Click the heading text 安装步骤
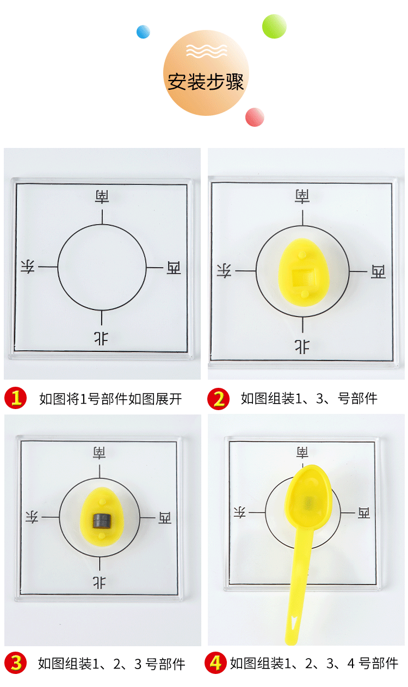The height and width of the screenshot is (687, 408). click(x=205, y=82)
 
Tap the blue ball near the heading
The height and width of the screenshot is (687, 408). click(x=143, y=32)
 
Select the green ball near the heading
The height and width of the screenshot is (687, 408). click(x=274, y=26)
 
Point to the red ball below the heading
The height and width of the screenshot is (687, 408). click(x=255, y=117)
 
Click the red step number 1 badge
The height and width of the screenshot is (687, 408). click(x=16, y=399)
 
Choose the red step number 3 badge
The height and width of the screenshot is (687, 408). click(x=16, y=663)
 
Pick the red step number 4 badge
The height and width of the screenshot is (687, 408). click(x=216, y=663)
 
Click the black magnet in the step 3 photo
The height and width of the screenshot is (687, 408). click(x=100, y=521)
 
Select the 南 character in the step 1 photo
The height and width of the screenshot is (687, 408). click(x=102, y=196)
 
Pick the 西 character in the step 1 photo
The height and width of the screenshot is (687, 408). click(x=174, y=267)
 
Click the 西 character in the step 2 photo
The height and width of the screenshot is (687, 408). click(x=378, y=271)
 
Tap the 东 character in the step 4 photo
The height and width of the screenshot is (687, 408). click(x=239, y=512)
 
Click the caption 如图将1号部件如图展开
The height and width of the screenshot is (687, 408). click(x=110, y=399)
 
